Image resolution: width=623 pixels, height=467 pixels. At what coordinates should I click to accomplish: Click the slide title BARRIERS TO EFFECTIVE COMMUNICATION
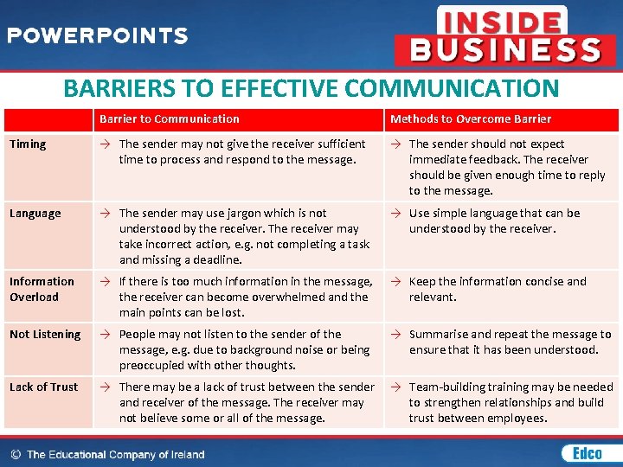pos(311,88)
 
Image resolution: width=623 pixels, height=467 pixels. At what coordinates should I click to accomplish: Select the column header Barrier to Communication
pos(169,118)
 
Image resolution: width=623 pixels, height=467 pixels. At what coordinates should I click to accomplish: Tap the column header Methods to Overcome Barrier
pos(470,118)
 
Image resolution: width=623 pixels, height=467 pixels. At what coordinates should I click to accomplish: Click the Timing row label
pos(28,144)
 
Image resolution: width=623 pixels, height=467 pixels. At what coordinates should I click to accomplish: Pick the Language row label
pos(35,213)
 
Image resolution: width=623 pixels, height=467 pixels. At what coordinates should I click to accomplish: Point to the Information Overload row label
pos(42,289)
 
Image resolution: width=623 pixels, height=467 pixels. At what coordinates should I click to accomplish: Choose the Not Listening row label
pos(45,334)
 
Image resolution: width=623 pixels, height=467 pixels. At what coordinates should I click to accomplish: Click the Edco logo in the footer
pos(581,453)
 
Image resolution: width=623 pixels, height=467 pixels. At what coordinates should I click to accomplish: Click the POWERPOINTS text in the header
pos(97,35)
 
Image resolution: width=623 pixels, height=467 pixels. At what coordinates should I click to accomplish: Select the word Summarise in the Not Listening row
pos(438,334)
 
